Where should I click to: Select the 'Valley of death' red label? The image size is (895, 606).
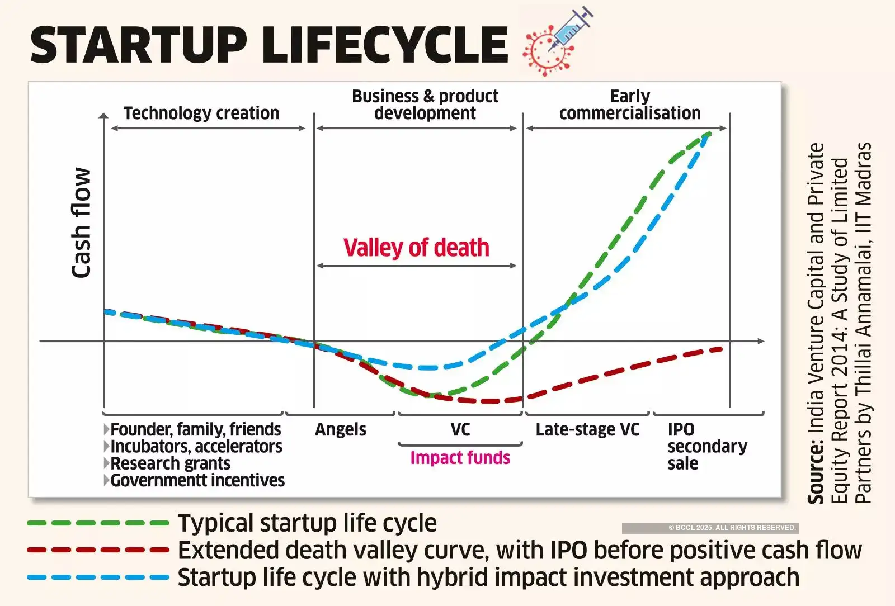pyautogui.click(x=416, y=248)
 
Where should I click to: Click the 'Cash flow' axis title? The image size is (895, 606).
pyautogui.click(x=82, y=222)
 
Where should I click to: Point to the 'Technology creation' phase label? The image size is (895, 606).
pyautogui.click(x=201, y=113)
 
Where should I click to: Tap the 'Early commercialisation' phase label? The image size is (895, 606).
pyautogui.click(x=629, y=105)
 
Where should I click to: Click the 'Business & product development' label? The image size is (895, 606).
pyautogui.click(x=425, y=105)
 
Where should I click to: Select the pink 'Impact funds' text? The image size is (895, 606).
pyautogui.click(x=460, y=458)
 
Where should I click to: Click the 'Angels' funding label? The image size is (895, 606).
pyautogui.click(x=340, y=429)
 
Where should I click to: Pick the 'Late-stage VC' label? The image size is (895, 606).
pyautogui.click(x=587, y=429)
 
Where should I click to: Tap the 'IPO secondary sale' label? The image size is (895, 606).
pyautogui.click(x=706, y=446)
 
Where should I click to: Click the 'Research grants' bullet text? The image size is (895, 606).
pyautogui.click(x=170, y=463)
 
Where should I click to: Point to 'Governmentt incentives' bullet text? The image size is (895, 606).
pyautogui.click(x=197, y=480)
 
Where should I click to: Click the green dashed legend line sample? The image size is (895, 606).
pyautogui.click(x=98, y=523)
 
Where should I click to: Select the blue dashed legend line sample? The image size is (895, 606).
pyautogui.click(x=98, y=577)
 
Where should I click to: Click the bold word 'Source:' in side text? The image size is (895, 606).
pyautogui.click(x=816, y=472)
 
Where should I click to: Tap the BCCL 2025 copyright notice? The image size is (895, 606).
pyautogui.click(x=732, y=528)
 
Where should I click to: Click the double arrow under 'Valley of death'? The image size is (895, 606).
pyautogui.click(x=416, y=266)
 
